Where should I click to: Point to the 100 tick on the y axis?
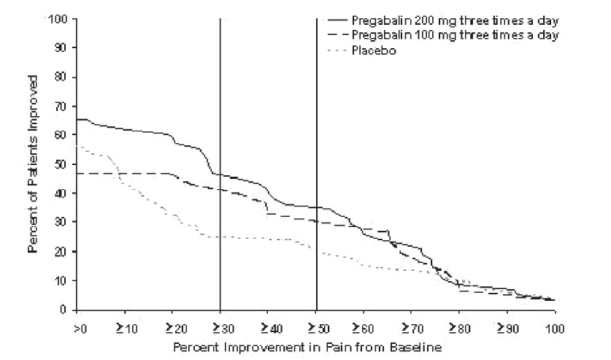tap(58, 18)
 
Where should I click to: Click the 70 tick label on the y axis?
tap(61, 106)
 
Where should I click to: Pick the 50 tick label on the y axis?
tap(61, 164)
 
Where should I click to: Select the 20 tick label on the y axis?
tap(61, 251)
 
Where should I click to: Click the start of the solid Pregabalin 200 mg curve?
tap(77, 119)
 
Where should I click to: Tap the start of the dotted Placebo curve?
tap(77, 146)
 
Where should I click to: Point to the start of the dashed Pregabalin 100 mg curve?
tap(77, 173)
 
